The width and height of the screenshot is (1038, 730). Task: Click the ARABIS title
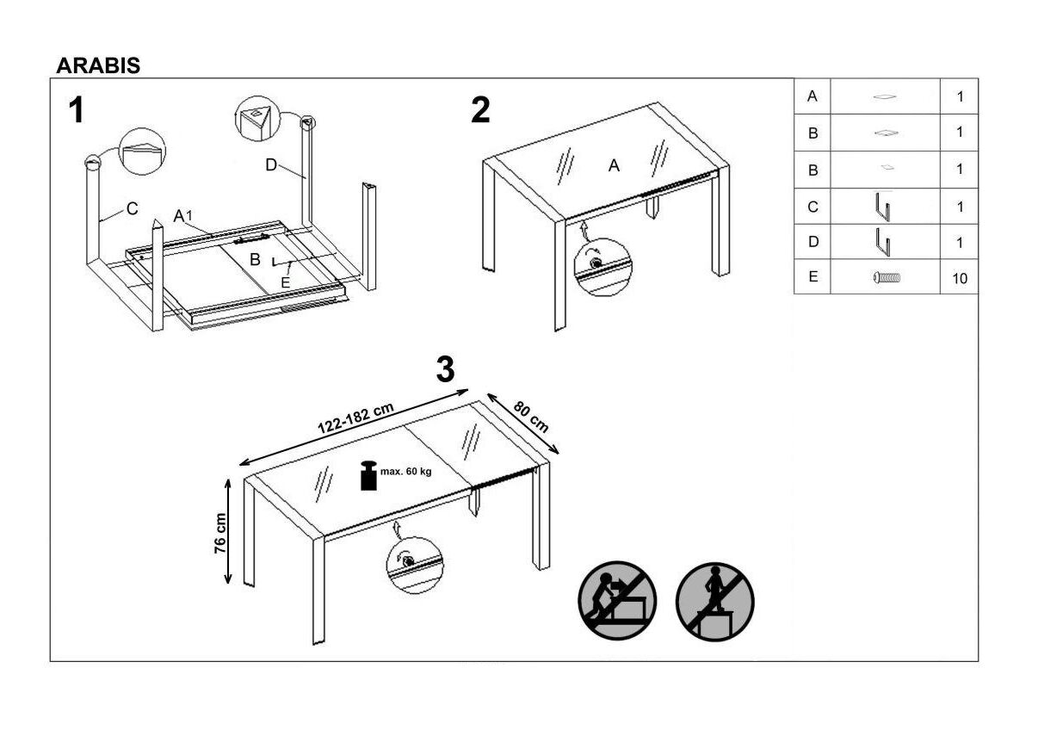[98, 66]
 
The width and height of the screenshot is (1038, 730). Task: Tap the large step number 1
[77, 111]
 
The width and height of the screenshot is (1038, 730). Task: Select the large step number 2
[480, 111]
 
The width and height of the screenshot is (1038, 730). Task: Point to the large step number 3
[445, 369]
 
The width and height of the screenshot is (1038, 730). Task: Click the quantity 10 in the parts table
[960, 279]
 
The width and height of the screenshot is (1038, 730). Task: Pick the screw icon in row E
[886, 278]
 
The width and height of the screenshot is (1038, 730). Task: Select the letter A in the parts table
[812, 97]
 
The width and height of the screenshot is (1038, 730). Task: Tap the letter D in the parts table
[812, 243]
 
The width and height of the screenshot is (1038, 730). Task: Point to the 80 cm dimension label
[531, 417]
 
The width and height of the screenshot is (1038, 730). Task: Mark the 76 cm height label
[221, 532]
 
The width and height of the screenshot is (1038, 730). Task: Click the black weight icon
[368, 476]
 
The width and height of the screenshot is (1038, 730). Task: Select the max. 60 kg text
[405, 471]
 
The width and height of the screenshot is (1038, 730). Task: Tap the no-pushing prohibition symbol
[617, 600]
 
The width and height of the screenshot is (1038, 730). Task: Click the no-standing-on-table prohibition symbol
[714, 600]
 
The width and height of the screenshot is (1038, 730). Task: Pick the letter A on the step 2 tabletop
[614, 166]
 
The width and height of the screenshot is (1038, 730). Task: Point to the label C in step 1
[132, 208]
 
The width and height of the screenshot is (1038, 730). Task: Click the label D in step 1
[271, 165]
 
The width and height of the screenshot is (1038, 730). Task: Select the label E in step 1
[286, 281]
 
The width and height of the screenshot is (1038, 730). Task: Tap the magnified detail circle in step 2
[602, 267]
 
